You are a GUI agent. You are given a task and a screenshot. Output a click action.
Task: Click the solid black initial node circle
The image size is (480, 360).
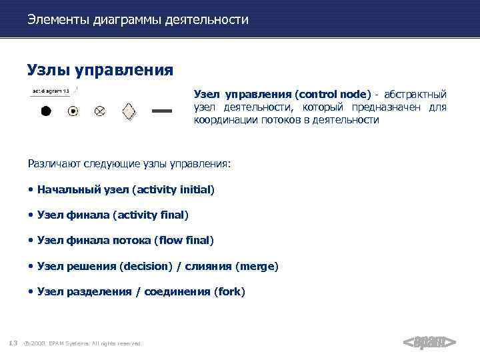[x=46, y=111]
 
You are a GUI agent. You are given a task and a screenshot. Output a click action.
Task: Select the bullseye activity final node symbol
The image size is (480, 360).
[x=73, y=111]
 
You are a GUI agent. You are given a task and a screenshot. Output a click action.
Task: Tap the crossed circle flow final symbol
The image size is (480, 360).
[x=99, y=111]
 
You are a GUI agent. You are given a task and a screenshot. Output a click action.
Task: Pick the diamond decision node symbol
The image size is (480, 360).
[x=129, y=111]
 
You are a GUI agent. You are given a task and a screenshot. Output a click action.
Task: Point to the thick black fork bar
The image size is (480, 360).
[x=163, y=111]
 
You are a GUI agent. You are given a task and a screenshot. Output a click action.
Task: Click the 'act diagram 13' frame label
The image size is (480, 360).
[x=51, y=91]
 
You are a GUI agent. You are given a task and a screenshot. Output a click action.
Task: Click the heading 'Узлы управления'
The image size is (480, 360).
[x=100, y=69]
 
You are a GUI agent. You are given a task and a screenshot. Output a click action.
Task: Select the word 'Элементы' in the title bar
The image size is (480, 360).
[x=58, y=20]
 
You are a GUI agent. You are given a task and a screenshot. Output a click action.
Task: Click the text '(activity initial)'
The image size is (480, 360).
[x=173, y=190]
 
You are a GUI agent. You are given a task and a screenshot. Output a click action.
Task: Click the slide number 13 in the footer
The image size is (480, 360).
[x=13, y=343]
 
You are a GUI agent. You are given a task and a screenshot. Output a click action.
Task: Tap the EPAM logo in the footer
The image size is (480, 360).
[x=429, y=343]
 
